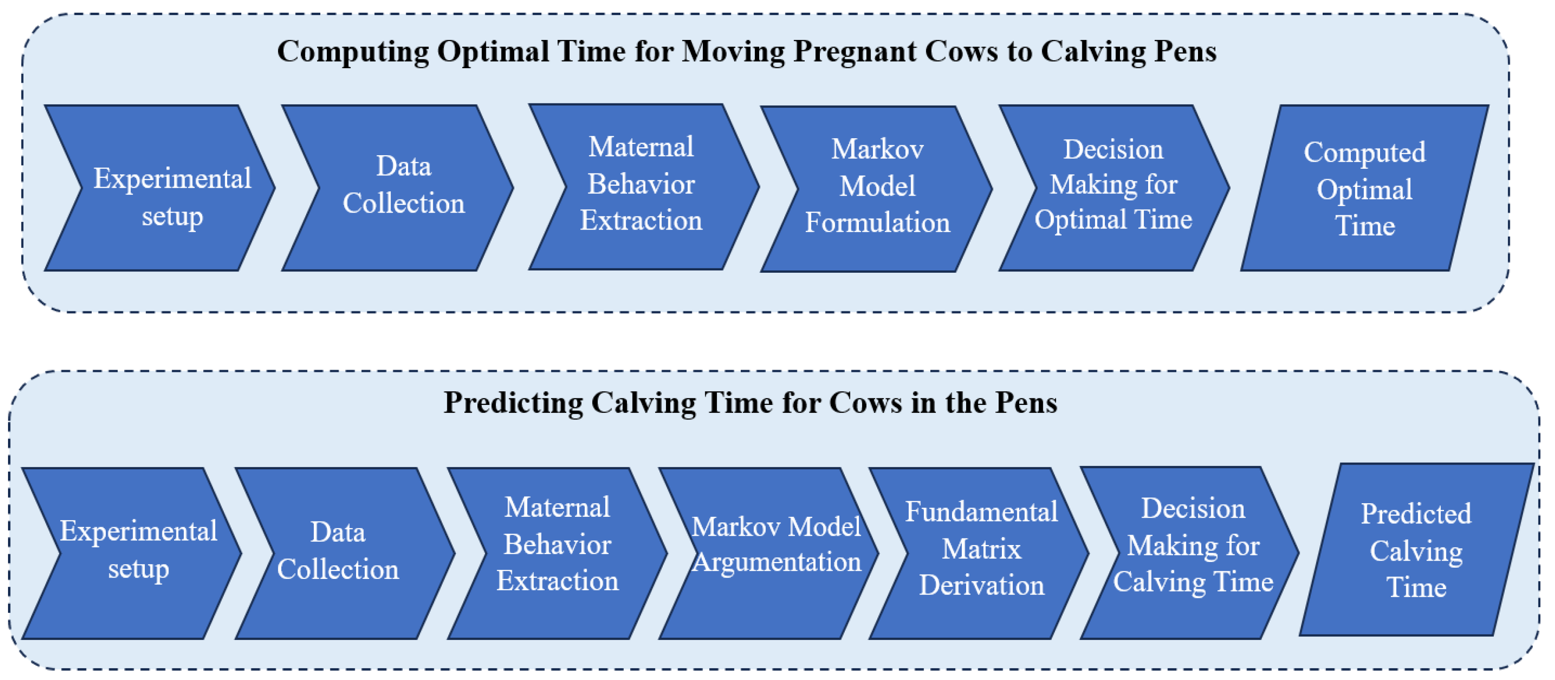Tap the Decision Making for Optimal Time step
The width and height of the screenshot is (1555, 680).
(x=1114, y=188)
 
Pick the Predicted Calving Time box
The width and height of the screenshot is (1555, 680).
(x=1417, y=550)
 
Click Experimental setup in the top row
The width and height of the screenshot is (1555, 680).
(x=160, y=188)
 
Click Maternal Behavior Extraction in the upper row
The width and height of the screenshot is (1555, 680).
(x=644, y=187)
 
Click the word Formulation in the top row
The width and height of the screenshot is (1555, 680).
(x=877, y=222)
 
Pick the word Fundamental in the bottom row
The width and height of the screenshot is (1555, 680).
(x=982, y=512)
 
